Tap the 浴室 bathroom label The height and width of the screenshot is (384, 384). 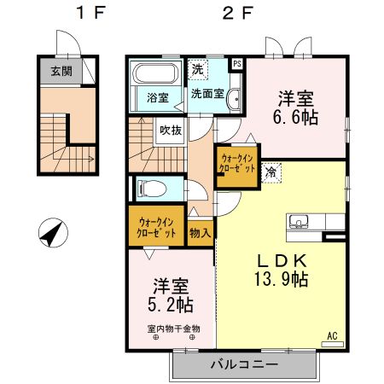(156, 96)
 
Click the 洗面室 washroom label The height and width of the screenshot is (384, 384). (207, 94)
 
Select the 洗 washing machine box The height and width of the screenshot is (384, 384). (198, 68)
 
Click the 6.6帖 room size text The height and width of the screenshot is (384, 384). (299, 117)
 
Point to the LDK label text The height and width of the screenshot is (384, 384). (275, 259)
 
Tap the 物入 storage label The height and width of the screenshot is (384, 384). (201, 231)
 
